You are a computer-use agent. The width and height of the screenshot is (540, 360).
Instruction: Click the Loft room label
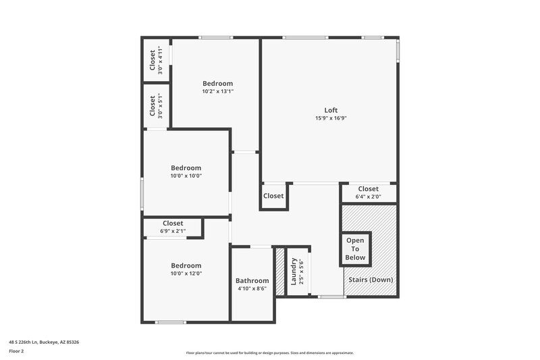[x=331, y=110]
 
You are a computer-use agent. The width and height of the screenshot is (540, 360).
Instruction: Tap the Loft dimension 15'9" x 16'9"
[x=331, y=118]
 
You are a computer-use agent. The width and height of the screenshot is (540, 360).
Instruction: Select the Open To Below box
[x=355, y=249]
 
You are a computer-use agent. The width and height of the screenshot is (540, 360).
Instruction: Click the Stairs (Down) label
[x=371, y=280]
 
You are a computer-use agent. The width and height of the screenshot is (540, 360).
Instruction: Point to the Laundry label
[x=294, y=271]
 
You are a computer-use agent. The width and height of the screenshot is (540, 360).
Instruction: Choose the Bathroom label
[x=252, y=281]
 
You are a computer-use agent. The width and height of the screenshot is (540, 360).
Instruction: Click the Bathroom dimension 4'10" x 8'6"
[x=252, y=289]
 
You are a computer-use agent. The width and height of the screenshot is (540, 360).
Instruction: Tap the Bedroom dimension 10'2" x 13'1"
[x=217, y=91]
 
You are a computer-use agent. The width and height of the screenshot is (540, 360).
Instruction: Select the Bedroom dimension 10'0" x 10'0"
[x=186, y=176]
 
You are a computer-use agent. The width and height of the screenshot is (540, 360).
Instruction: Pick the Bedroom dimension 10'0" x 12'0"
[x=186, y=274]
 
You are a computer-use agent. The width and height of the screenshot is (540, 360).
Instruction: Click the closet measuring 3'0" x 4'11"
[x=156, y=60]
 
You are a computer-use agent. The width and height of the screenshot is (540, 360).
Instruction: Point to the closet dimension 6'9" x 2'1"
[x=173, y=231]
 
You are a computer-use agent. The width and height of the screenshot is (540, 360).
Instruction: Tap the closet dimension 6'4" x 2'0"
[x=368, y=197]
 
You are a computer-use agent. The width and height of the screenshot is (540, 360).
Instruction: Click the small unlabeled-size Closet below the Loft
[x=273, y=196]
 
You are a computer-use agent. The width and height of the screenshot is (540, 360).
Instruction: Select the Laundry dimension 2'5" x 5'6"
[x=302, y=271]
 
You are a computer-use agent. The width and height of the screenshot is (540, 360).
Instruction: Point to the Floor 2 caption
[x=17, y=351]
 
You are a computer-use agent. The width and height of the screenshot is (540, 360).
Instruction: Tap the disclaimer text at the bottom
[x=269, y=353]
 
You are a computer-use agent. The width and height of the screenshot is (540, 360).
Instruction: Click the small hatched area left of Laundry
[x=280, y=272]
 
